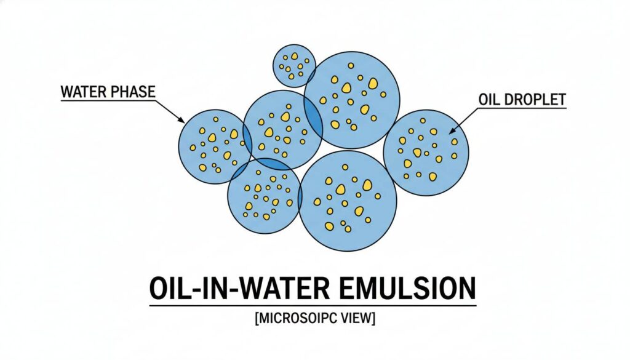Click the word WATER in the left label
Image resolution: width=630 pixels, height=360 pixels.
82,92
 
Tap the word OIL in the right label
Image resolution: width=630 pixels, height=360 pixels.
489,99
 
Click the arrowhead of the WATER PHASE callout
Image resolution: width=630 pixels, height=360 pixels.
181,120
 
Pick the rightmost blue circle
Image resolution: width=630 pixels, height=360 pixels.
426,153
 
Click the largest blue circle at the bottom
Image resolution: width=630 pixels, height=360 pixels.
348,201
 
